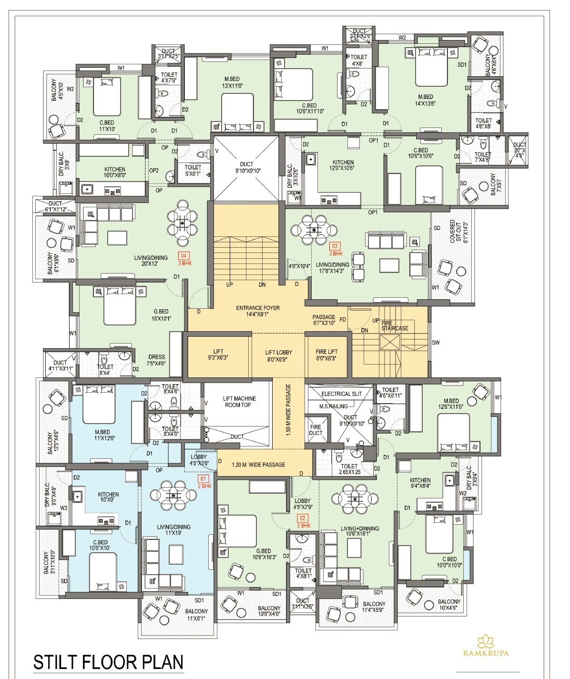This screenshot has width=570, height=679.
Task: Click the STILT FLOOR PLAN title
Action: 108,663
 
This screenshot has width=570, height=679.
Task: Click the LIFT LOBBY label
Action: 278,355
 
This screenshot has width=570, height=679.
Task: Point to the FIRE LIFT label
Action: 326,355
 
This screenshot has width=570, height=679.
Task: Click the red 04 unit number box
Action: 183,255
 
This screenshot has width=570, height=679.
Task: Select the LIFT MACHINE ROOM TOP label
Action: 239,402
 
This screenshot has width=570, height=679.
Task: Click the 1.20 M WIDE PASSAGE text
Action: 258,465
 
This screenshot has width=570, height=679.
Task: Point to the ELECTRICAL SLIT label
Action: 341,394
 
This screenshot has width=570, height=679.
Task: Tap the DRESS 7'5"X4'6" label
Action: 156,360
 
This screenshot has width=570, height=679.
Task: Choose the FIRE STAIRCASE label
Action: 395,325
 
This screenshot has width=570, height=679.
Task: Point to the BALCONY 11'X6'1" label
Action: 196,615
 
